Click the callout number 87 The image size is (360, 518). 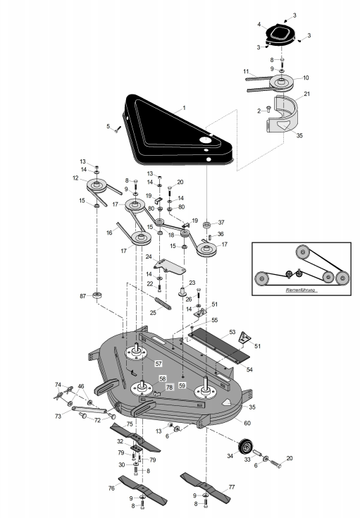point(83,296)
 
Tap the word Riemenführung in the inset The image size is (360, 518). point(300,290)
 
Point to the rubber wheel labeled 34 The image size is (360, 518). point(246,447)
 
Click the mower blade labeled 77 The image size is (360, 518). point(205,486)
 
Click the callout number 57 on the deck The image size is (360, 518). point(159,364)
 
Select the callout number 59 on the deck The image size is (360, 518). point(182,386)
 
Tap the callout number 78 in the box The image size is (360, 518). point(169,388)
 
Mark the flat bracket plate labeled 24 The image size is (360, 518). point(170,266)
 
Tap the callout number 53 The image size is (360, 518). point(232,332)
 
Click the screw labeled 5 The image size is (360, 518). point(118,129)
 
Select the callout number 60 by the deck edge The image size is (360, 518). point(247,423)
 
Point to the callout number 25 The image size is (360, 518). point(153,312)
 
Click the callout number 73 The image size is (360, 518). point(58,417)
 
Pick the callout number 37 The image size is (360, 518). point(221,223)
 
